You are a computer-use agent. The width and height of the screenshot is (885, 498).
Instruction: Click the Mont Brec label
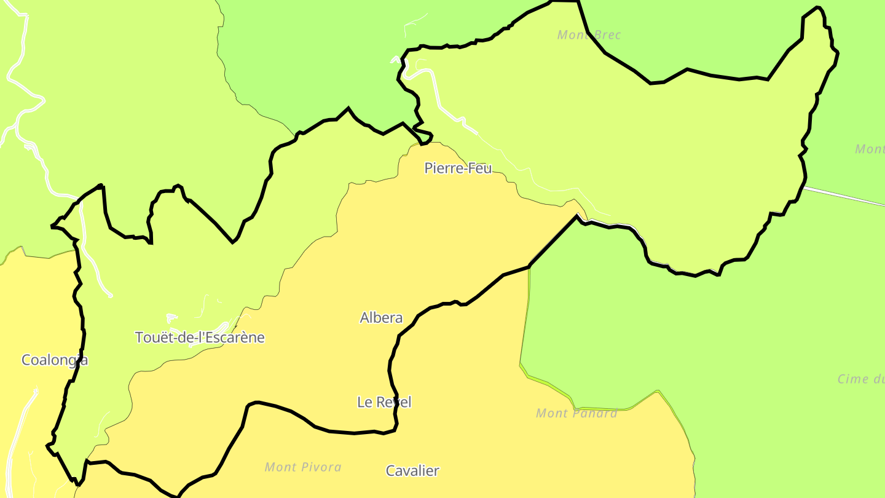(x=589, y=35)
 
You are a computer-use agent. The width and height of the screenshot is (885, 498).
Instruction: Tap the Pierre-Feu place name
(x=458, y=168)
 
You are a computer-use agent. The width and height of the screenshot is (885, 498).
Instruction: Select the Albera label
(x=381, y=318)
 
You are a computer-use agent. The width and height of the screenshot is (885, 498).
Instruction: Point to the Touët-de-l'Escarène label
(x=200, y=338)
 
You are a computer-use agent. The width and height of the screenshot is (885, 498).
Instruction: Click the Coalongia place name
(x=54, y=360)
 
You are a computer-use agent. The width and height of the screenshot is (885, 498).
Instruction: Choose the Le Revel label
(x=384, y=402)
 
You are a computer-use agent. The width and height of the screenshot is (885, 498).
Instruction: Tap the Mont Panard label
(x=576, y=413)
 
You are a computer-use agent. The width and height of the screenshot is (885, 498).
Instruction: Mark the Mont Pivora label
(x=302, y=467)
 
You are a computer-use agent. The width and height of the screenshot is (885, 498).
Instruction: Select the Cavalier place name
(x=412, y=471)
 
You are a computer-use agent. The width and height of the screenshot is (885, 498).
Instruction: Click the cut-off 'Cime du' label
(x=860, y=379)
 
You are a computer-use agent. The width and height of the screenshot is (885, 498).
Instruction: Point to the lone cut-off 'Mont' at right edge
(x=870, y=149)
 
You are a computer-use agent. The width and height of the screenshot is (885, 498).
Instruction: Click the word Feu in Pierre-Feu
(x=480, y=168)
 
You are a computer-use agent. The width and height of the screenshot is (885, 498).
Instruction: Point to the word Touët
(x=151, y=338)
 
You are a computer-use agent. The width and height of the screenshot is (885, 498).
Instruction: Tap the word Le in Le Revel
(x=364, y=402)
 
